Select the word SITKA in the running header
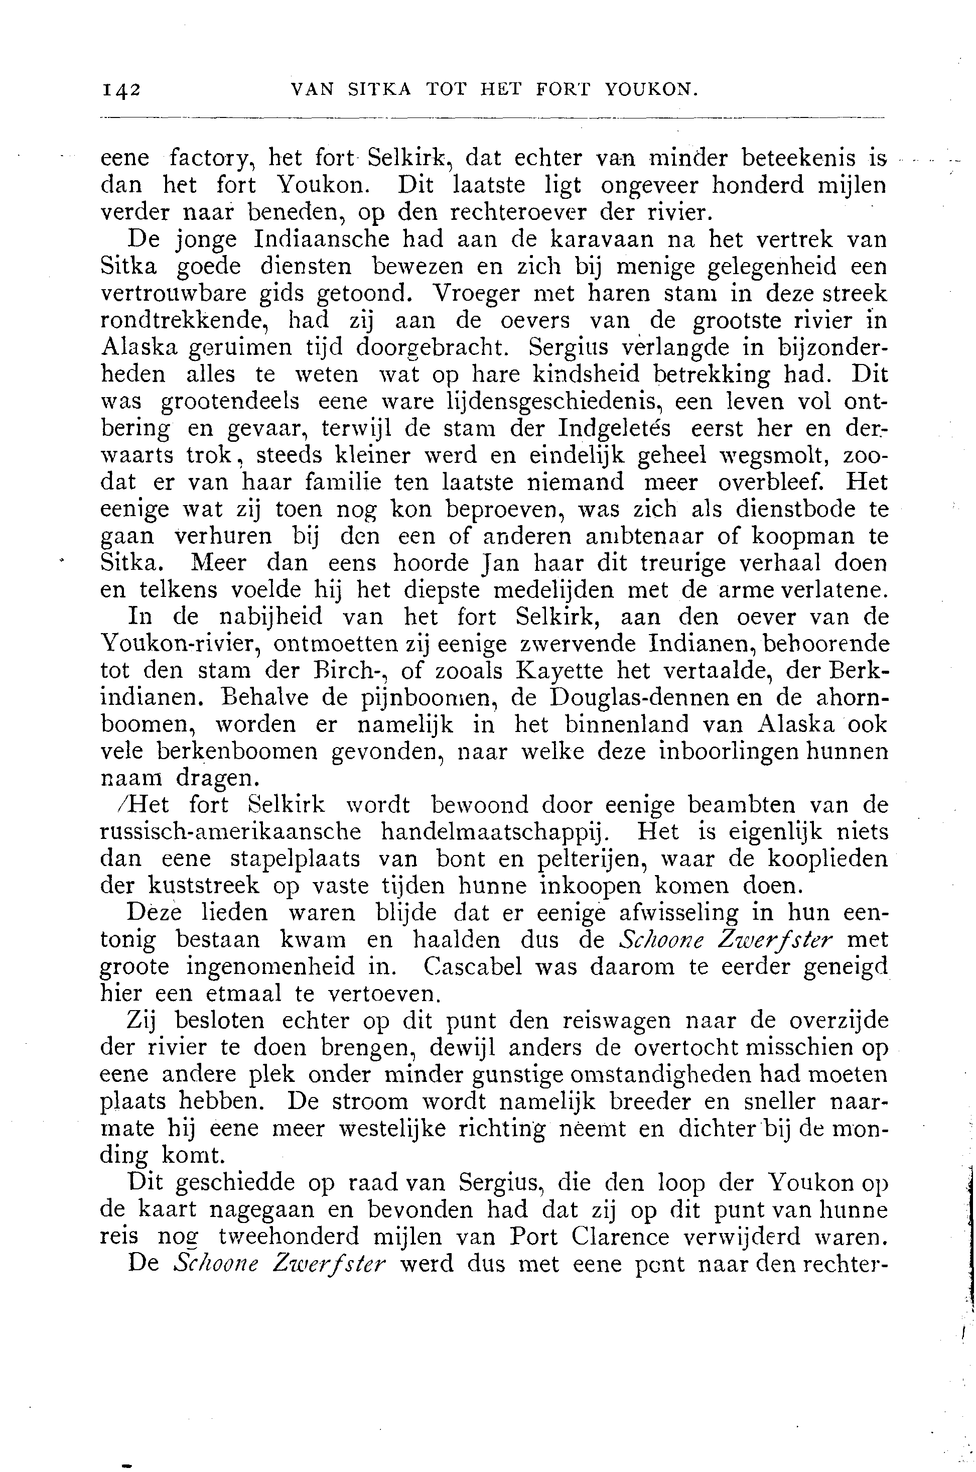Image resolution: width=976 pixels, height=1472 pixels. (379, 90)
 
